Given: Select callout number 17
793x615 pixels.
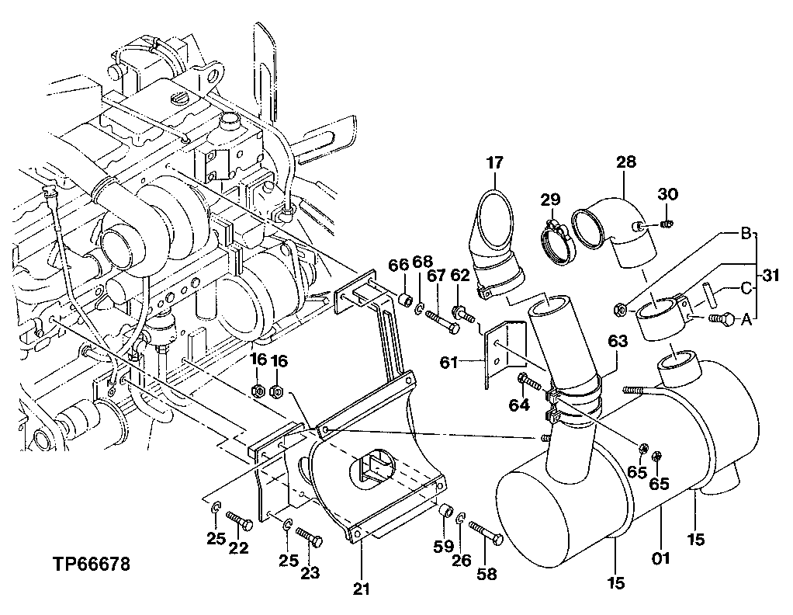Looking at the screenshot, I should pyautogui.click(x=495, y=163).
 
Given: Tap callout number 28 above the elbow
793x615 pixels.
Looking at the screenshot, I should pyautogui.click(x=626, y=162).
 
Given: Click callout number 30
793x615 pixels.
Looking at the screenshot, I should pyautogui.click(x=668, y=193).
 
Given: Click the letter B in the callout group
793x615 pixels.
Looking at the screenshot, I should pyautogui.click(x=746, y=233).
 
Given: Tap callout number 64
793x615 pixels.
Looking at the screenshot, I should pyautogui.click(x=519, y=405).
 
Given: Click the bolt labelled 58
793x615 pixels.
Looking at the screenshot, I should pyautogui.click(x=487, y=533).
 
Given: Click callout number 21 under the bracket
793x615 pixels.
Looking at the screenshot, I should pyautogui.click(x=360, y=589).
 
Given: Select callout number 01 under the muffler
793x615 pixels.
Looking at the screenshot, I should pyautogui.click(x=660, y=558).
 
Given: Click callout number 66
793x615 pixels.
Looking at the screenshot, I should pyautogui.click(x=398, y=266).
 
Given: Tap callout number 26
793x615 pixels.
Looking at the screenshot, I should pyautogui.click(x=461, y=561).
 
